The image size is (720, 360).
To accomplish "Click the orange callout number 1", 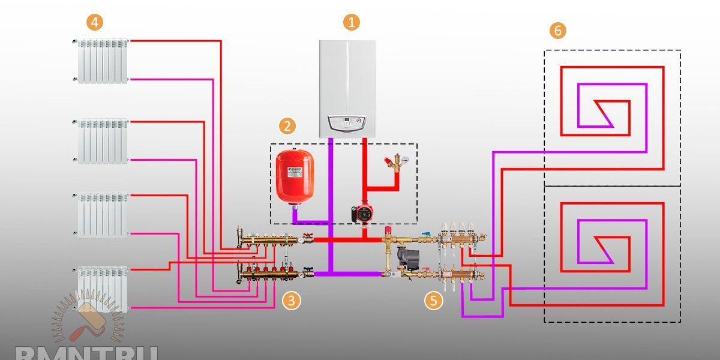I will point(352,23).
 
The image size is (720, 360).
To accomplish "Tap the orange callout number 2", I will point(287,126).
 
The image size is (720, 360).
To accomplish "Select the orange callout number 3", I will point(291,301).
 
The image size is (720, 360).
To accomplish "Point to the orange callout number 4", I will point(94,23).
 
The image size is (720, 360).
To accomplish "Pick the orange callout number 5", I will point(434,301).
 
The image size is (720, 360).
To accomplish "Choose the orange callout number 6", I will point(558,31).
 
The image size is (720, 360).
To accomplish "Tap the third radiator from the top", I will point(103,214).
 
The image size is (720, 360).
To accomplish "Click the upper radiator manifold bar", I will point(273,239).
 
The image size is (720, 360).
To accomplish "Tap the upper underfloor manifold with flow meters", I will point(461,238).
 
